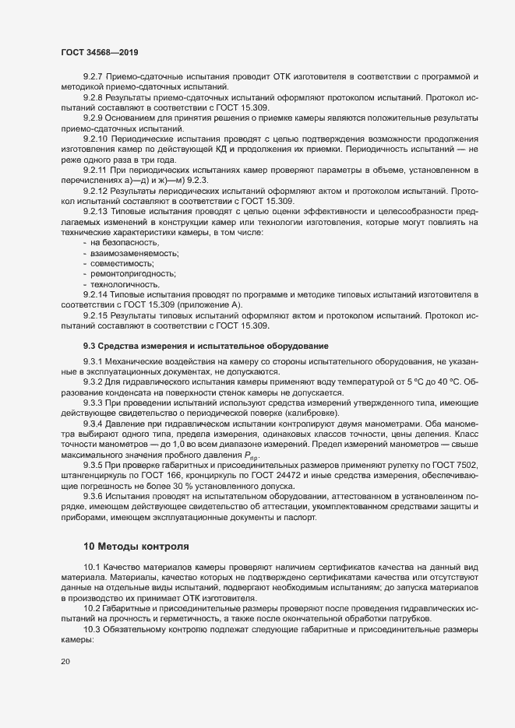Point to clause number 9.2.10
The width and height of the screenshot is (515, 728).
tap(97, 138)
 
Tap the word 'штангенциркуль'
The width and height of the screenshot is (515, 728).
tap(91, 474)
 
